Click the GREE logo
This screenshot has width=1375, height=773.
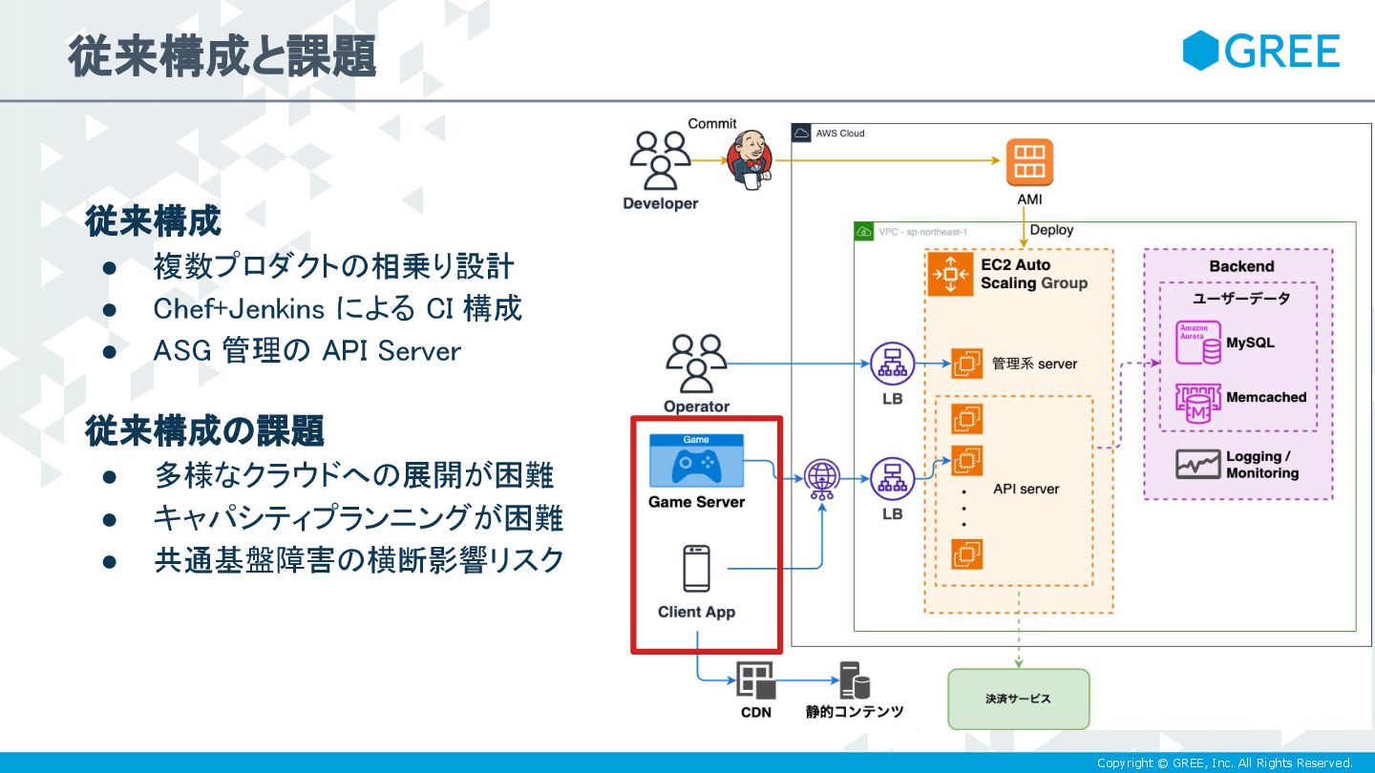[x=1260, y=51]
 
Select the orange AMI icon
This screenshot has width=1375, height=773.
[x=1029, y=163]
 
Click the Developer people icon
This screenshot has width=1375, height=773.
[x=660, y=160]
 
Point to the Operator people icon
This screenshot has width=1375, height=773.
[x=696, y=364]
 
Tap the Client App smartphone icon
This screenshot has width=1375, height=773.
[x=696, y=569]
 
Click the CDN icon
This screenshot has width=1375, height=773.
[x=755, y=680]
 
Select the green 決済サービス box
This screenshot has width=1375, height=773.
[x=1018, y=699]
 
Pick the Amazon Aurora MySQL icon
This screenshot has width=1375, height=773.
[x=1197, y=343]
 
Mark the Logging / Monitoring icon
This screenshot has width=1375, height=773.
[x=1197, y=465]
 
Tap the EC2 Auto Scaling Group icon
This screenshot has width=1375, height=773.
[x=950, y=274]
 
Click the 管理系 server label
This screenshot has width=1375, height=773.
[x=1034, y=364]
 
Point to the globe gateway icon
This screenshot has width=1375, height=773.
[x=822, y=478]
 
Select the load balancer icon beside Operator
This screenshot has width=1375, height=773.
[x=892, y=364]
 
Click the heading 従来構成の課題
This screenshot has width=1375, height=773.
[x=205, y=430]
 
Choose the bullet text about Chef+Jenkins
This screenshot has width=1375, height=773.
[x=337, y=308]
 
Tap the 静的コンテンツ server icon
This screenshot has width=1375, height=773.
[x=854, y=680]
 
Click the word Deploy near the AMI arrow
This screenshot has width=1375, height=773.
[x=1051, y=230]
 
